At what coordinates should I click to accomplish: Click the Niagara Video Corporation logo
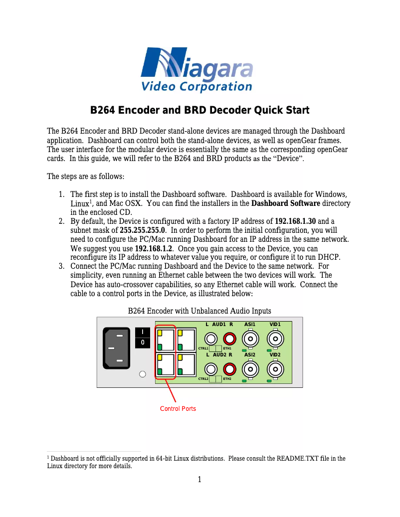coord(197,70)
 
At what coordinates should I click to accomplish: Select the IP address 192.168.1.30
coord(295,221)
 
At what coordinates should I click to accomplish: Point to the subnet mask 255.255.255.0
coord(143,230)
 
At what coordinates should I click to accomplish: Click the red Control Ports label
coord(178,409)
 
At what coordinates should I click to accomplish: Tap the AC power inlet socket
coord(119,348)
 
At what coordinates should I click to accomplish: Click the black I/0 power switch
coord(143,338)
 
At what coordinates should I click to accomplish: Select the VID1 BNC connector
coord(275,340)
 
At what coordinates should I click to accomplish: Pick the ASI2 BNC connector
coord(250,369)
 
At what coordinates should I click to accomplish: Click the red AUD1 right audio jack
coord(229,339)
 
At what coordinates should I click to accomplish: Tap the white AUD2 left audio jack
coord(211,369)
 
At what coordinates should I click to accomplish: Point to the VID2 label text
coord(275,355)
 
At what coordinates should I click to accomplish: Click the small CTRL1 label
coord(203,348)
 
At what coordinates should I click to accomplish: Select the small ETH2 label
coord(227,379)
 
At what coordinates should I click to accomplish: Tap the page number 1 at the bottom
coord(200,480)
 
